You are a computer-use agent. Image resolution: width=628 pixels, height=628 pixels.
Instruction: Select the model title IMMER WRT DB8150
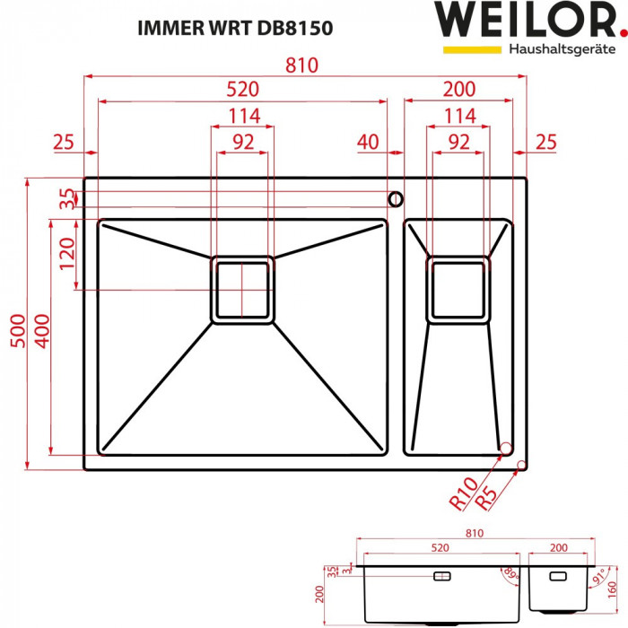(234, 28)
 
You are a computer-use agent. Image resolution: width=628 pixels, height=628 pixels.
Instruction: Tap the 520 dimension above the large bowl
(242, 90)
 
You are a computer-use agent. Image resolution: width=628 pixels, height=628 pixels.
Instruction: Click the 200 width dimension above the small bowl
(459, 90)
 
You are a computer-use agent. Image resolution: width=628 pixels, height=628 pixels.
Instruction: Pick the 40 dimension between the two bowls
(368, 142)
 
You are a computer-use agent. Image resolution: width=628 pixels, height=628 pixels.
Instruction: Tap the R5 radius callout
(485, 498)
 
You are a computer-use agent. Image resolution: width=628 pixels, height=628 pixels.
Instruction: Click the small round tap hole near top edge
(393, 197)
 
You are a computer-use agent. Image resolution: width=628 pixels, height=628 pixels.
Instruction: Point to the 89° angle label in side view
(511, 574)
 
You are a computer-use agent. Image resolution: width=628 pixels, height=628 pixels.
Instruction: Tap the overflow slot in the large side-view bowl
(443, 575)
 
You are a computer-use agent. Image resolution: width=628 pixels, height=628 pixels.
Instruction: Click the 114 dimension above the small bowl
(459, 116)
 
